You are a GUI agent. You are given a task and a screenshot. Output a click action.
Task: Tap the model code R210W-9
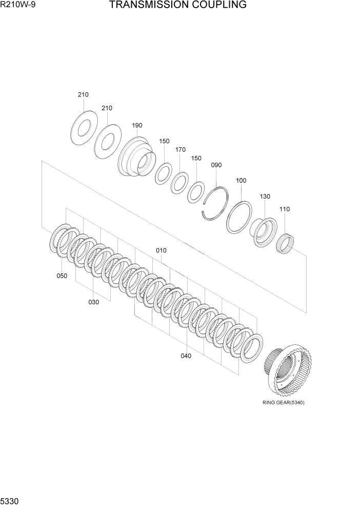tap(15, 5)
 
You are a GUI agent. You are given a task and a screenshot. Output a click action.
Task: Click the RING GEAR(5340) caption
tap(283, 402)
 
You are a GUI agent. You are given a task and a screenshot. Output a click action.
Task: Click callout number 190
tap(137, 125)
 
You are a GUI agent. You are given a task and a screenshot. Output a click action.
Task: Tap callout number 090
tap(216, 165)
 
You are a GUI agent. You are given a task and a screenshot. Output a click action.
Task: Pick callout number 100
tap(241, 180)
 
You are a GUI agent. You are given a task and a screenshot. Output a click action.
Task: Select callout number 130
tap(265, 197)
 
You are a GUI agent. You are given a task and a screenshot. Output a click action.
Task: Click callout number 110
tap(284, 209)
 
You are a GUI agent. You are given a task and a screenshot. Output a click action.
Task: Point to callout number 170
tap(180, 150)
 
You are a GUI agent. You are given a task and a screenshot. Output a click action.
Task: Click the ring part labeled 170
tap(179, 182)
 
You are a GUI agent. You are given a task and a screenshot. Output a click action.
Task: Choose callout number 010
tap(162, 250)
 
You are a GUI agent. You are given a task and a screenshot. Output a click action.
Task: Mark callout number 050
tap(62, 276)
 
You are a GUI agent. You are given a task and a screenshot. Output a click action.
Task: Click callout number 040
tap(186, 356)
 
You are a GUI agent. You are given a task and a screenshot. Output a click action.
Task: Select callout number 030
tap(93, 302)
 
